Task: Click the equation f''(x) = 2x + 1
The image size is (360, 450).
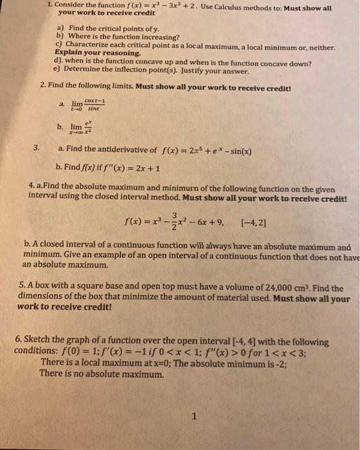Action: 122,169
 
